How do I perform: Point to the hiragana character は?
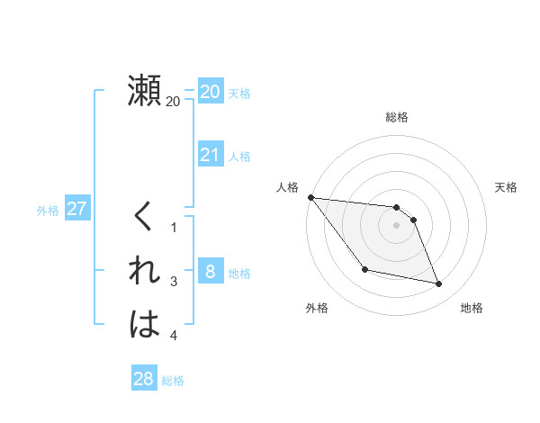click(x=145, y=325)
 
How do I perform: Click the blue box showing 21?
click(x=210, y=155)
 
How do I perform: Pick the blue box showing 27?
click(x=76, y=210)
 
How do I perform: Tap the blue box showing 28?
click(x=144, y=379)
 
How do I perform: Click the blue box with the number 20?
click(x=210, y=92)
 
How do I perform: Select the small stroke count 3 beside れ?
click(x=174, y=282)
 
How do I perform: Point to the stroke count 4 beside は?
click(x=174, y=336)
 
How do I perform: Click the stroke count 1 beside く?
click(x=174, y=228)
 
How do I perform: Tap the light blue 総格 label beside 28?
click(x=173, y=381)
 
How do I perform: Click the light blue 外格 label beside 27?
click(x=48, y=211)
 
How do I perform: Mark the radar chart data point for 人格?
click(x=310, y=197)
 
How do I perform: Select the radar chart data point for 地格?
click(x=439, y=284)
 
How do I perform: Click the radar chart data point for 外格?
click(x=364, y=269)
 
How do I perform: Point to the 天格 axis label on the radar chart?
click(x=507, y=187)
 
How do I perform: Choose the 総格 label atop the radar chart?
click(x=397, y=116)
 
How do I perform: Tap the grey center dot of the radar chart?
click(x=397, y=225)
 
